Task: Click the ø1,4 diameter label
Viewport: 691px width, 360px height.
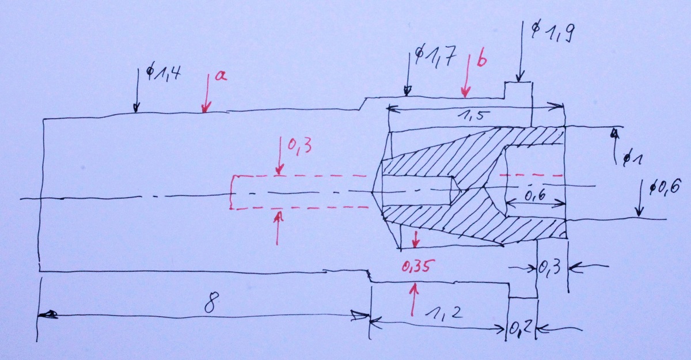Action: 162,74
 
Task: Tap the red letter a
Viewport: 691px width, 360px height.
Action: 221,76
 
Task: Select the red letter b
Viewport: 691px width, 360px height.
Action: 481,59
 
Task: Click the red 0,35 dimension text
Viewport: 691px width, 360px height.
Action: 418,266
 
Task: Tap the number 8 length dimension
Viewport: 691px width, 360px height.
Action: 212,302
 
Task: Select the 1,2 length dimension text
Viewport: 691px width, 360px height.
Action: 443,314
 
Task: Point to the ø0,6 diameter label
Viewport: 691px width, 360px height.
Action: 665,187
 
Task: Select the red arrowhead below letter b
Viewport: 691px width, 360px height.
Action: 465,92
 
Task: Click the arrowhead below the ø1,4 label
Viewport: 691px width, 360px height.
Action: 136,108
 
